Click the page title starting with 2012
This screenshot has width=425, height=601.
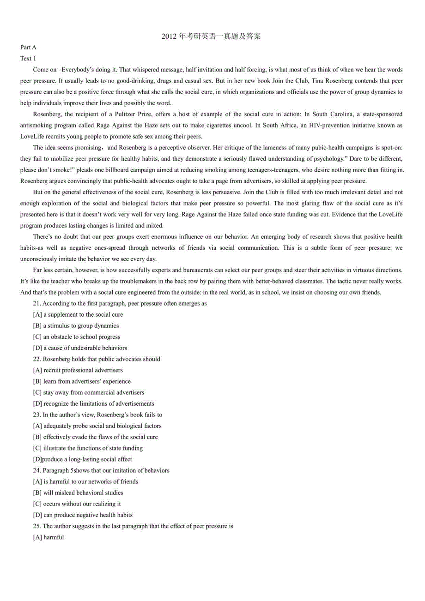[x=212, y=36]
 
